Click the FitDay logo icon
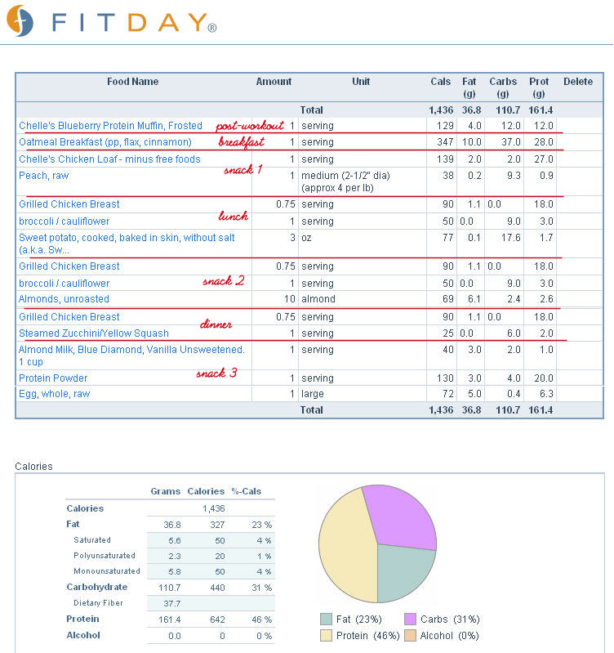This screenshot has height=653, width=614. pos(20,20)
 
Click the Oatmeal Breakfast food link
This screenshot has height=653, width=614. pos(105,142)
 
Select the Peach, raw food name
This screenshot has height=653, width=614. pos(43,176)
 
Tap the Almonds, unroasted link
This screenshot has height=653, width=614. pos(64,299)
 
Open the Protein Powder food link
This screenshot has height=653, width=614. pos(53,378)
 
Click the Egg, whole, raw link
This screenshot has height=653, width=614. pos(55,394)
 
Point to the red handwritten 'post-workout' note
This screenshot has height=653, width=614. pos(250,126)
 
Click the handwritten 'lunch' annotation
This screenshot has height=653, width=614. pos(234,216)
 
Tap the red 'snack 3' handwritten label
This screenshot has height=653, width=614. pos(216,373)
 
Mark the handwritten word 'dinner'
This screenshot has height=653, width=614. pos(216,324)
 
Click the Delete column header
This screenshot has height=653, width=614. pos(578,82)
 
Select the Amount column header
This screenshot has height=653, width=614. pos(274,82)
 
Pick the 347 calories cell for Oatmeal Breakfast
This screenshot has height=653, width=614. pos(445,142)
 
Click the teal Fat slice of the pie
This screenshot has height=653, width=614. pos(402,570)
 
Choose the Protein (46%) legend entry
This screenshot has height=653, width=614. pos(360,636)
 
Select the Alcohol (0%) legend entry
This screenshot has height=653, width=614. pos(442,636)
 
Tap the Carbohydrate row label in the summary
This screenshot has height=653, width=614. pos(97,587)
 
